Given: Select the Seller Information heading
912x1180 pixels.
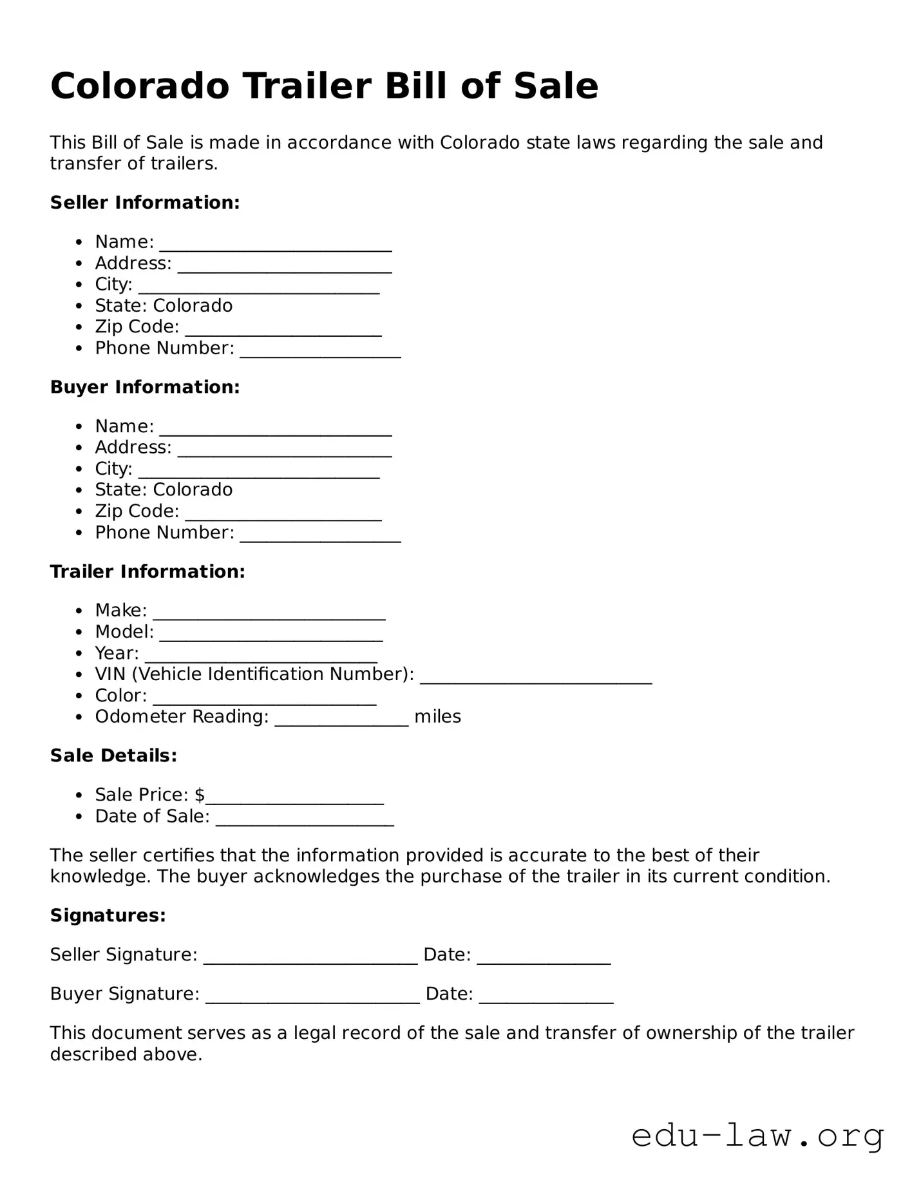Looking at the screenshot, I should point(145,202).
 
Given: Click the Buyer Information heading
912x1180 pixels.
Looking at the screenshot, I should point(145,386).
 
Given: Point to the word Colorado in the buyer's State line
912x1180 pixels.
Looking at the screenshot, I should point(193,490).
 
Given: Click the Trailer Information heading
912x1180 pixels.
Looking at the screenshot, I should point(147,571).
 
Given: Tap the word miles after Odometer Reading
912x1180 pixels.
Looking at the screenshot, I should point(437,716).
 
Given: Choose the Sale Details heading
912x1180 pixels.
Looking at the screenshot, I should point(113,755).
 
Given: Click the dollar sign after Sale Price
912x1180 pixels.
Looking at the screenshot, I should point(199,795).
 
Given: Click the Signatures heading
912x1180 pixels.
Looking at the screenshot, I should point(108,915).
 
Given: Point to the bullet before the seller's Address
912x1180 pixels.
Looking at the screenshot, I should point(79,263).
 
